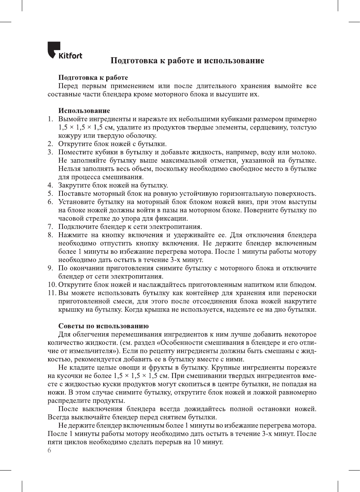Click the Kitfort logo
tap(64, 51)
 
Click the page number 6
tap(49, 450)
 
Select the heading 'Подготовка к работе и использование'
tap(187, 61)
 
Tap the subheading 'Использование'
tap(84, 111)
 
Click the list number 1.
tap(50, 119)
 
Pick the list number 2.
tap(50, 144)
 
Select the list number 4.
tap(50, 185)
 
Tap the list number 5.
tap(50, 193)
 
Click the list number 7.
tap(50, 227)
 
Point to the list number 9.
tap(50, 268)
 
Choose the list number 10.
tap(52, 285)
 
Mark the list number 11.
tap(52, 293)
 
